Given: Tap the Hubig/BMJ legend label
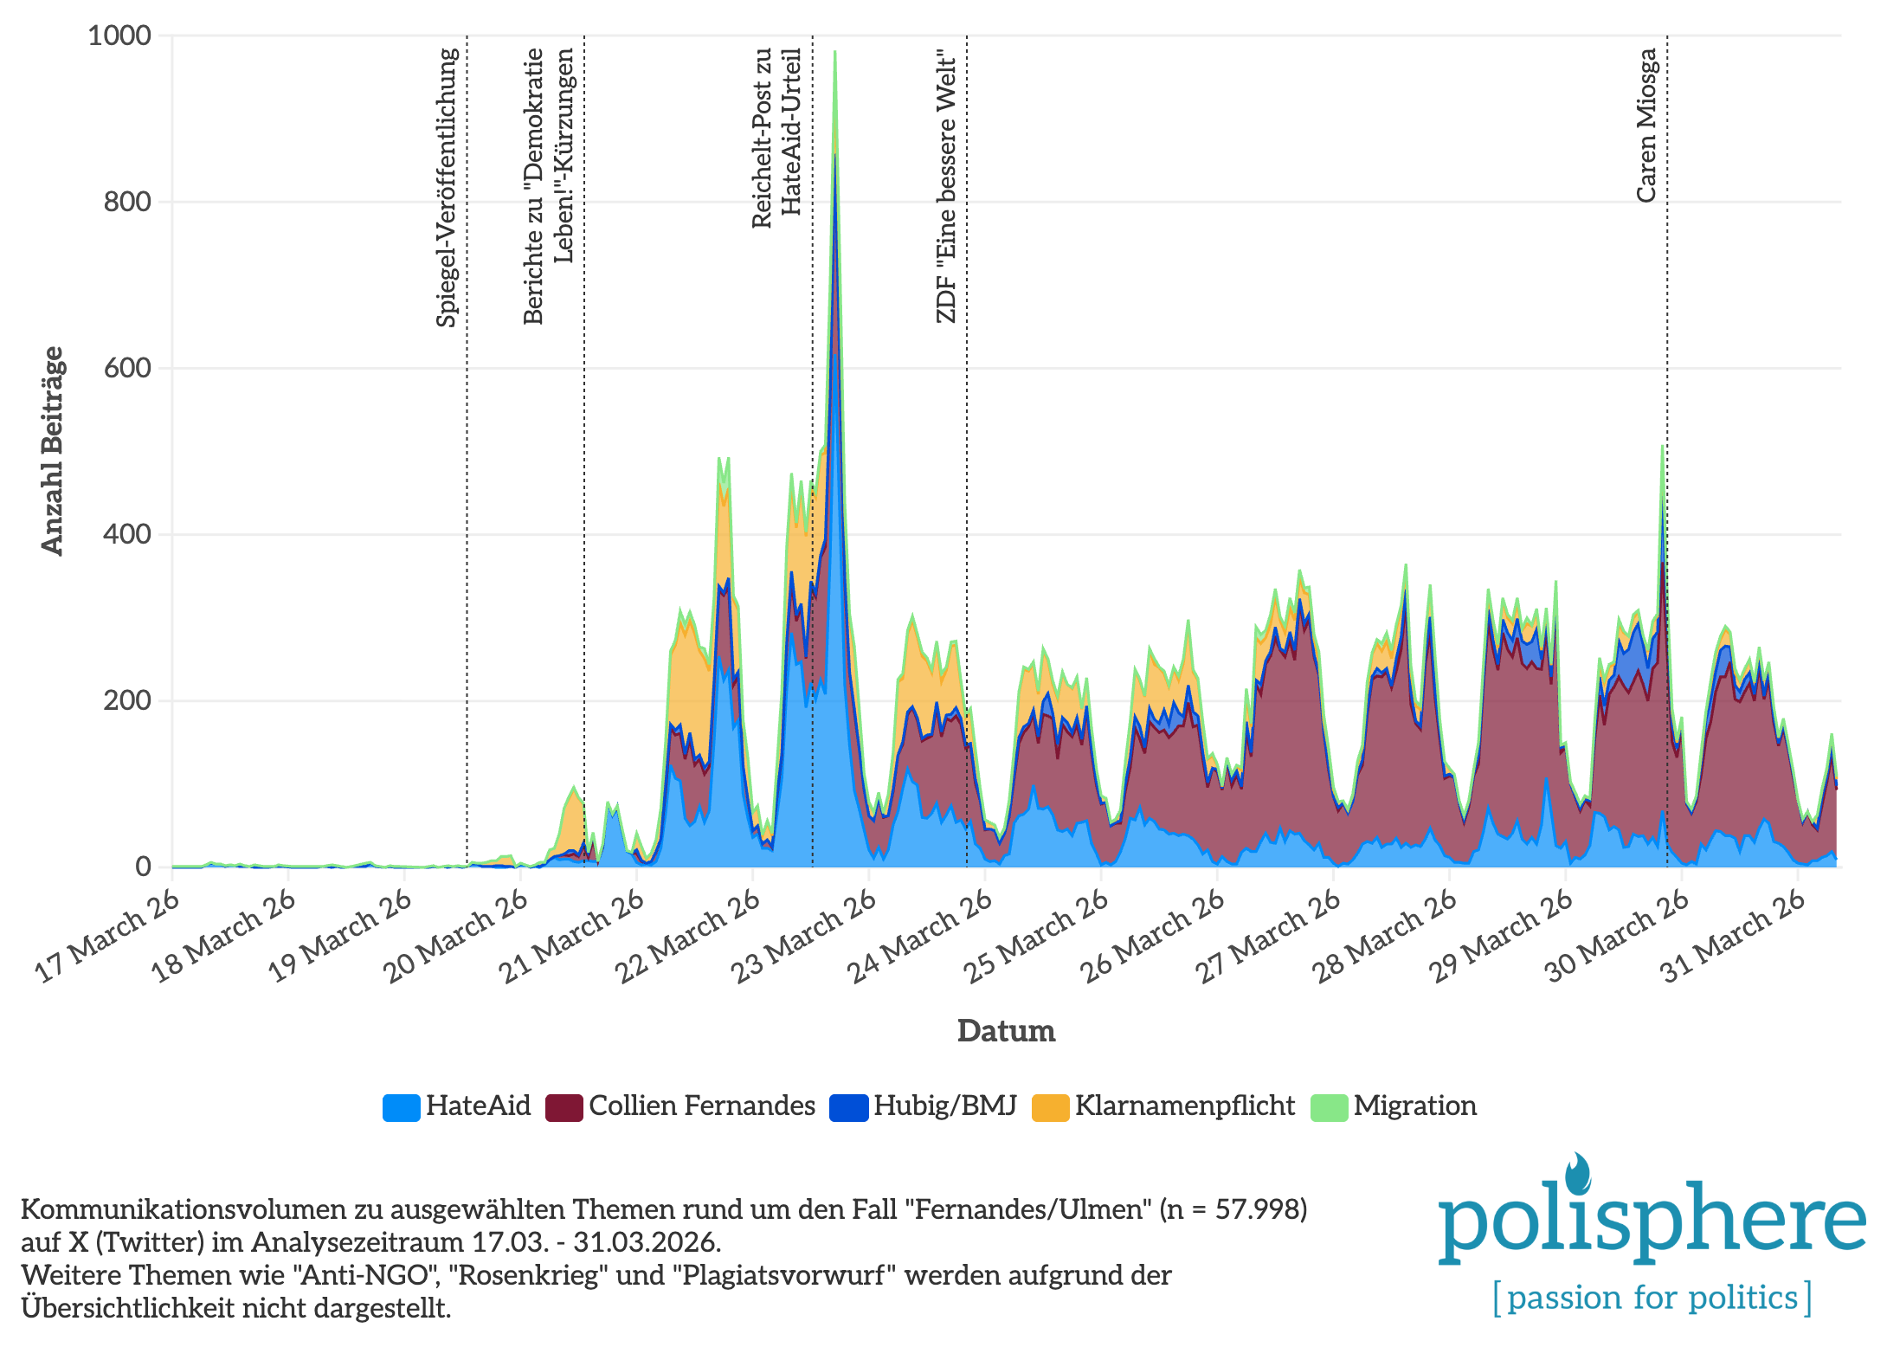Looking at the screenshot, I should click(x=944, y=1106).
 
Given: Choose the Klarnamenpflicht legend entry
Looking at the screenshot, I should click(x=1184, y=1106).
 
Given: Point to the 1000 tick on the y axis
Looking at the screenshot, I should click(x=119, y=36).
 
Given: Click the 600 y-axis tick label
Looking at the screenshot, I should click(x=127, y=368).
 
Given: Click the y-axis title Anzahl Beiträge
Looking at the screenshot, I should click(x=53, y=450).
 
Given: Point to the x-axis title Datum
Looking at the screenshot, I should click(x=1006, y=1031).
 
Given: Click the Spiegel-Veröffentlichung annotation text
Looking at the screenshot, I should click(x=447, y=187).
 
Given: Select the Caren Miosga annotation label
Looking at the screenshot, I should click(x=1646, y=126).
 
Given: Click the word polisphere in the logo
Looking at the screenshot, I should click(x=1652, y=1221).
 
